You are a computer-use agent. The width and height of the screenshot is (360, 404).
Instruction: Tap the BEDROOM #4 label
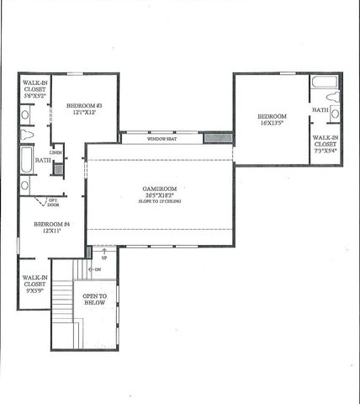(45, 225)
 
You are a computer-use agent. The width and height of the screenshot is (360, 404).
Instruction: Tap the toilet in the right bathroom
(334, 113)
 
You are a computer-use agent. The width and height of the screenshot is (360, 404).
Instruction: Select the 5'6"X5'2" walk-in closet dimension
(34, 98)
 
